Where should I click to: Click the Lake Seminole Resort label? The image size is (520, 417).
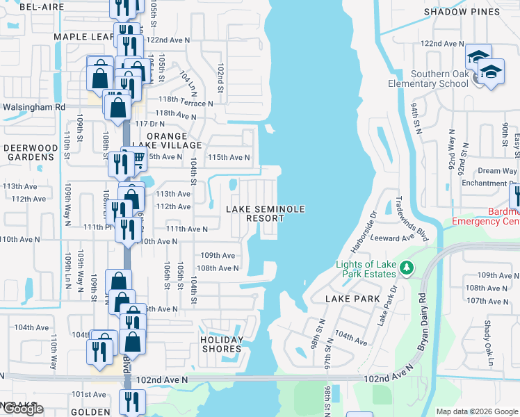click(x=256, y=213)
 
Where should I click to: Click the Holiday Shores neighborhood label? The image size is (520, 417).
click(x=222, y=344)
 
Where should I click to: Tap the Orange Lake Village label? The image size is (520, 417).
click(x=166, y=141)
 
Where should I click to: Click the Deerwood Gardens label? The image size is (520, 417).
click(x=29, y=152)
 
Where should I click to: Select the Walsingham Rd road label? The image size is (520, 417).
click(x=33, y=108)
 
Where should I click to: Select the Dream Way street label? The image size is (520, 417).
click(x=497, y=171)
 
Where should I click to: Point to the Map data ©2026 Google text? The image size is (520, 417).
click(x=476, y=411)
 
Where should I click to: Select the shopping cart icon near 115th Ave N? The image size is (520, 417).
click(x=137, y=161)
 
